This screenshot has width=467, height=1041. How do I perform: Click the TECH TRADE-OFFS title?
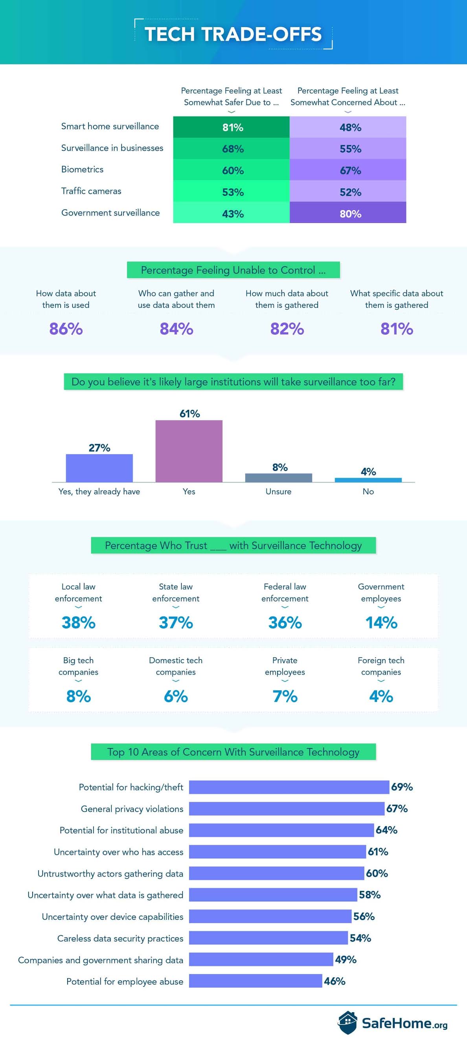233,34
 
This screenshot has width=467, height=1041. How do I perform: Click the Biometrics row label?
83,170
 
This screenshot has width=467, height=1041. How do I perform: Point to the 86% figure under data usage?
66,328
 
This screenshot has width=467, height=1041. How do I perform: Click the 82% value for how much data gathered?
287,328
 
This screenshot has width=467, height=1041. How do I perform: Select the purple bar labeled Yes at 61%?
189,451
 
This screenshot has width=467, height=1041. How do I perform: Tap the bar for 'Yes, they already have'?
99,468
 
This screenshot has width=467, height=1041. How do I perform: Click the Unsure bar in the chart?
278,478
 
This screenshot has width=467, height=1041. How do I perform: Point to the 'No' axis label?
368,492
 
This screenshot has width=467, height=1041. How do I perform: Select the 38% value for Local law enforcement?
78,622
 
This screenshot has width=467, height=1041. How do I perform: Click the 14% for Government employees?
381,622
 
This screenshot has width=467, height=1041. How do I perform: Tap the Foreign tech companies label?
381,666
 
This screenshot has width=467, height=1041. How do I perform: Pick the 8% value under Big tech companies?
78,696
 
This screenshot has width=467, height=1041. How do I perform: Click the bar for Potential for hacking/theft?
289,787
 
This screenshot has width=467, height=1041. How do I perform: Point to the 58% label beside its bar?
370,895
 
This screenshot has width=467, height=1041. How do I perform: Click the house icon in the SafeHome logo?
347,1023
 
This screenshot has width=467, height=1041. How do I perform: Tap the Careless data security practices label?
120,938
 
